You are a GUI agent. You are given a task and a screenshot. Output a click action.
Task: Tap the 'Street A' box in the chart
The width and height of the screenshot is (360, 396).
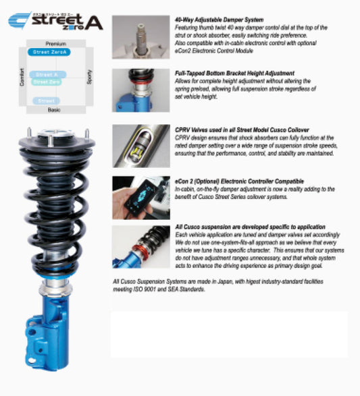pyautogui.click(x=47, y=74)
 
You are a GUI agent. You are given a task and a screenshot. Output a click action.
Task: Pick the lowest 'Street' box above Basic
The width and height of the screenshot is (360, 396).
pyautogui.click(x=47, y=101)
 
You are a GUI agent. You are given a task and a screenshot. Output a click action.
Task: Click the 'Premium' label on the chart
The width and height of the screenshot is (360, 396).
pyautogui.click(x=55, y=43)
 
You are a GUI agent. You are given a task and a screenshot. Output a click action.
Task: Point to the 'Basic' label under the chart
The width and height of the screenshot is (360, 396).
pyautogui.click(x=54, y=110)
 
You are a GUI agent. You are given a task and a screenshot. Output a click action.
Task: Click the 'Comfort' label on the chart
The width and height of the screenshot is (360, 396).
pyautogui.click(x=22, y=76)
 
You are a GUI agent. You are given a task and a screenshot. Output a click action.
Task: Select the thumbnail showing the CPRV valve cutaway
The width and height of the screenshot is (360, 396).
pyautogui.click(x=140, y=144)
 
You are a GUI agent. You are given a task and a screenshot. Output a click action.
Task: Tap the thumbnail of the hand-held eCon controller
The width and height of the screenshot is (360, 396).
pyautogui.click(x=140, y=197)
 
